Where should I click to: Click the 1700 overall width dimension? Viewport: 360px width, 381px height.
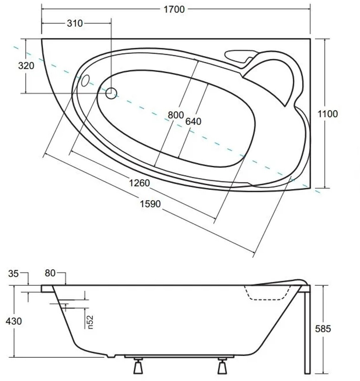click(174, 9)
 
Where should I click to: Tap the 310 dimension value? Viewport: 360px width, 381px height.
click(75, 23)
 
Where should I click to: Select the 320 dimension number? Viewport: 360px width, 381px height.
click(26, 66)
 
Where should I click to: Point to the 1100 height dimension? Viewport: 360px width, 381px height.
click(328, 114)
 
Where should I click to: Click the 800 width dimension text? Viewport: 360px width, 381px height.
click(176, 115)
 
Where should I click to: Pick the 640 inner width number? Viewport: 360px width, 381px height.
click(193, 122)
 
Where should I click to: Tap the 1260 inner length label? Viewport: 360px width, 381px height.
click(139, 183)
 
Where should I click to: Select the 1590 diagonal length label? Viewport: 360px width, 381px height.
click(150, 204)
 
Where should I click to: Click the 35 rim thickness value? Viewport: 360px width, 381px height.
click(13, 274)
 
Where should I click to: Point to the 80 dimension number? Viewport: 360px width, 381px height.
click(50, 273)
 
